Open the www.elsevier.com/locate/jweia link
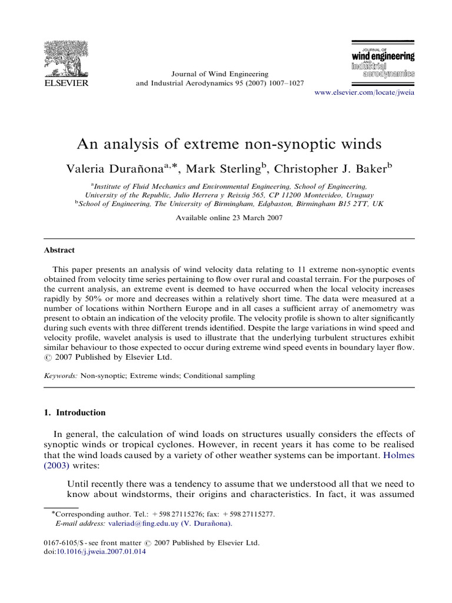click(x=365, y=94)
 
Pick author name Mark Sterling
click(x=227, y=169)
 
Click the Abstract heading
click(x=59, y=250)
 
